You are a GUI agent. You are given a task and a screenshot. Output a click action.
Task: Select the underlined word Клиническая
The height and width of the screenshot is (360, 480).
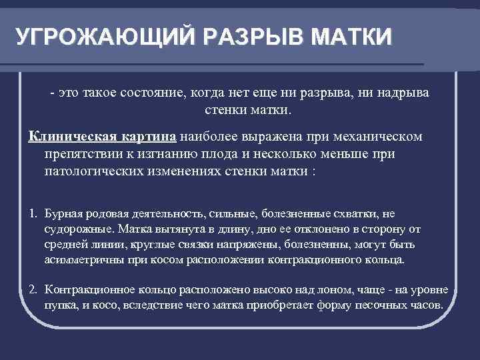click(69, 136)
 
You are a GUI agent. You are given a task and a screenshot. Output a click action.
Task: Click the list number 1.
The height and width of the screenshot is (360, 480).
click(33, 214)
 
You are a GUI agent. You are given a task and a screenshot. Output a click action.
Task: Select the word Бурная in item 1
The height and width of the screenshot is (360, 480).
click(63, 214)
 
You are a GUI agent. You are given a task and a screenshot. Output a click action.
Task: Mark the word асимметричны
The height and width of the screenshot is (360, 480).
click(78, 260)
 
